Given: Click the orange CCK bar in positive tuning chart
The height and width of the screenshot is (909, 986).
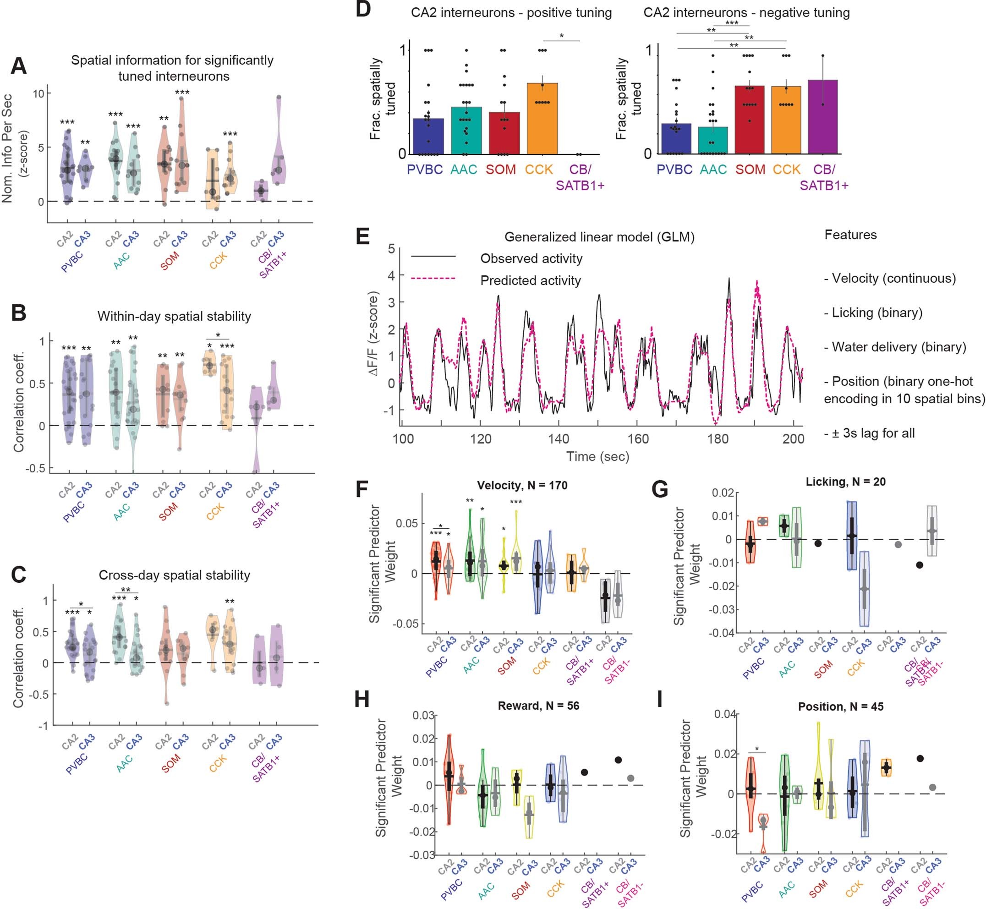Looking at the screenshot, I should tap(542, 119).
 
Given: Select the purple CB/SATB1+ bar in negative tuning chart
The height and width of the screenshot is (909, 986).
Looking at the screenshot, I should tap(822, 117).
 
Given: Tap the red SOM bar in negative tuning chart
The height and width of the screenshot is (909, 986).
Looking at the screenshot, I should tap(750, 120).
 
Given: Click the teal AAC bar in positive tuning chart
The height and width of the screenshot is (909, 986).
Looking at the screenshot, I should tap(466, 131).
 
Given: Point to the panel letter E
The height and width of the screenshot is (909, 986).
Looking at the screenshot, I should tap(363, 237).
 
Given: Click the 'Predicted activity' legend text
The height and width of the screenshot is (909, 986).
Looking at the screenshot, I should tap(530, 280).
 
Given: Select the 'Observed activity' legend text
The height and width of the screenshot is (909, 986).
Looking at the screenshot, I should tap(531, 258).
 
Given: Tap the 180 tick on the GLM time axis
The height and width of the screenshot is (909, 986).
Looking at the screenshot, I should tap(717, 439).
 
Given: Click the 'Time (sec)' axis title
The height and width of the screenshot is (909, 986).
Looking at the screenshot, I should tap(597, 456).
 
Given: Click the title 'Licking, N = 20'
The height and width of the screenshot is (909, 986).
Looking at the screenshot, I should tap(845, 482).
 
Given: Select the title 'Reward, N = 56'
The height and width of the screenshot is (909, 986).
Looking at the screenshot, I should tap(538, 706).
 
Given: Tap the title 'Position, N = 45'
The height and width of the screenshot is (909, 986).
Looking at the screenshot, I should tap(840, 706).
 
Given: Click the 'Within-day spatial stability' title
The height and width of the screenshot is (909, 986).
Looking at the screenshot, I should tap(174, 316).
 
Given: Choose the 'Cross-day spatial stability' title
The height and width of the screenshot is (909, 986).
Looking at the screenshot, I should tap(174, 575).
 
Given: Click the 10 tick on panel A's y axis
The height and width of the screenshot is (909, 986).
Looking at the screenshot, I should tap(38, 93).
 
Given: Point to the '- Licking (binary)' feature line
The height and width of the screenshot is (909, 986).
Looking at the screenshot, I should tap(873, 312).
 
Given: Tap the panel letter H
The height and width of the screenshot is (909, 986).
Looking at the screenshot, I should tap(362, 700).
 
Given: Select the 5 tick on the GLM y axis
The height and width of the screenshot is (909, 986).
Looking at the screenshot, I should tap(391, 248).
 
